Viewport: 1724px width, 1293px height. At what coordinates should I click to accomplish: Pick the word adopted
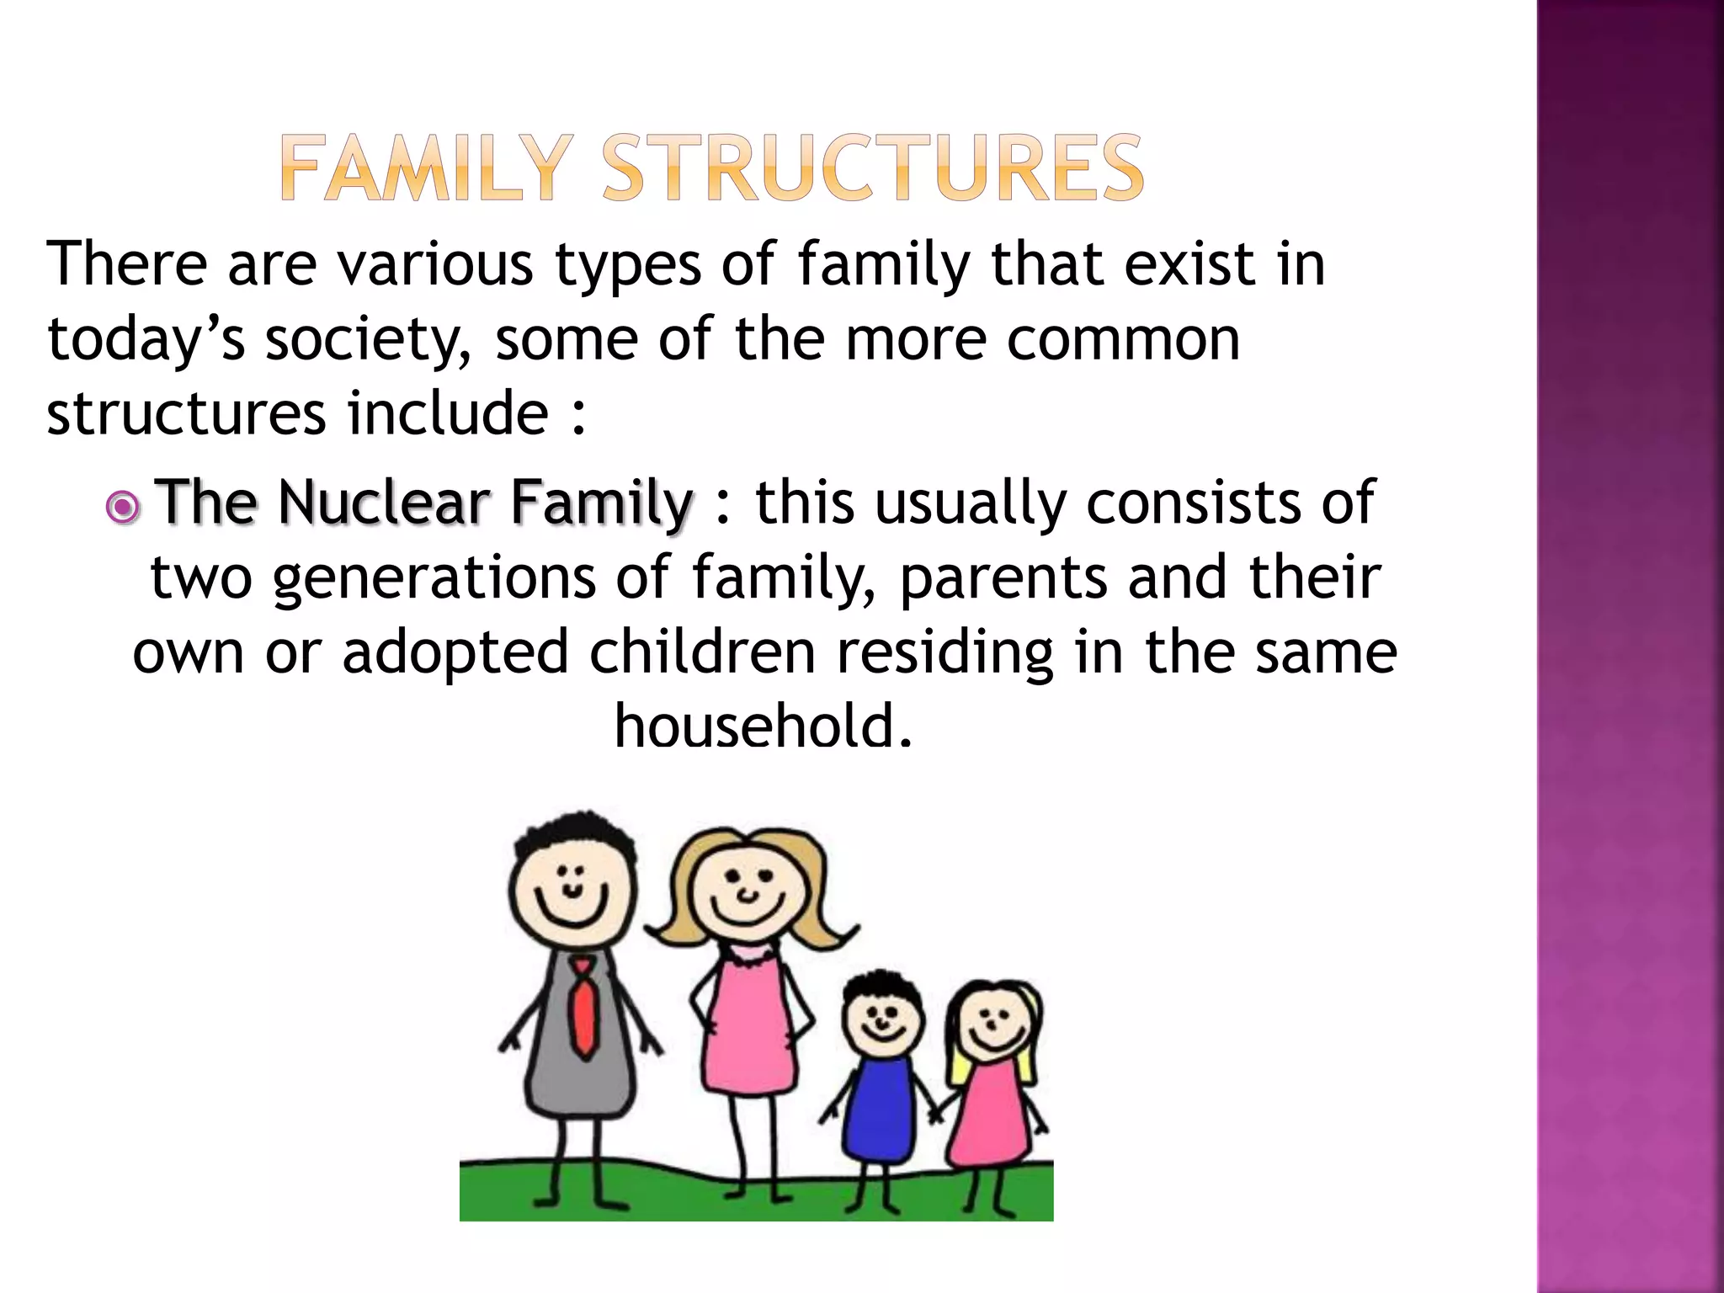point(455,652)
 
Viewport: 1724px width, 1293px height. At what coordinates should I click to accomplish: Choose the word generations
point(434,579)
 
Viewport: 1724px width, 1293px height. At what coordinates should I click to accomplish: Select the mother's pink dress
point(746,1031)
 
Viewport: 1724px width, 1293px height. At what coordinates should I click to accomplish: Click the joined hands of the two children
point(936,1113)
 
